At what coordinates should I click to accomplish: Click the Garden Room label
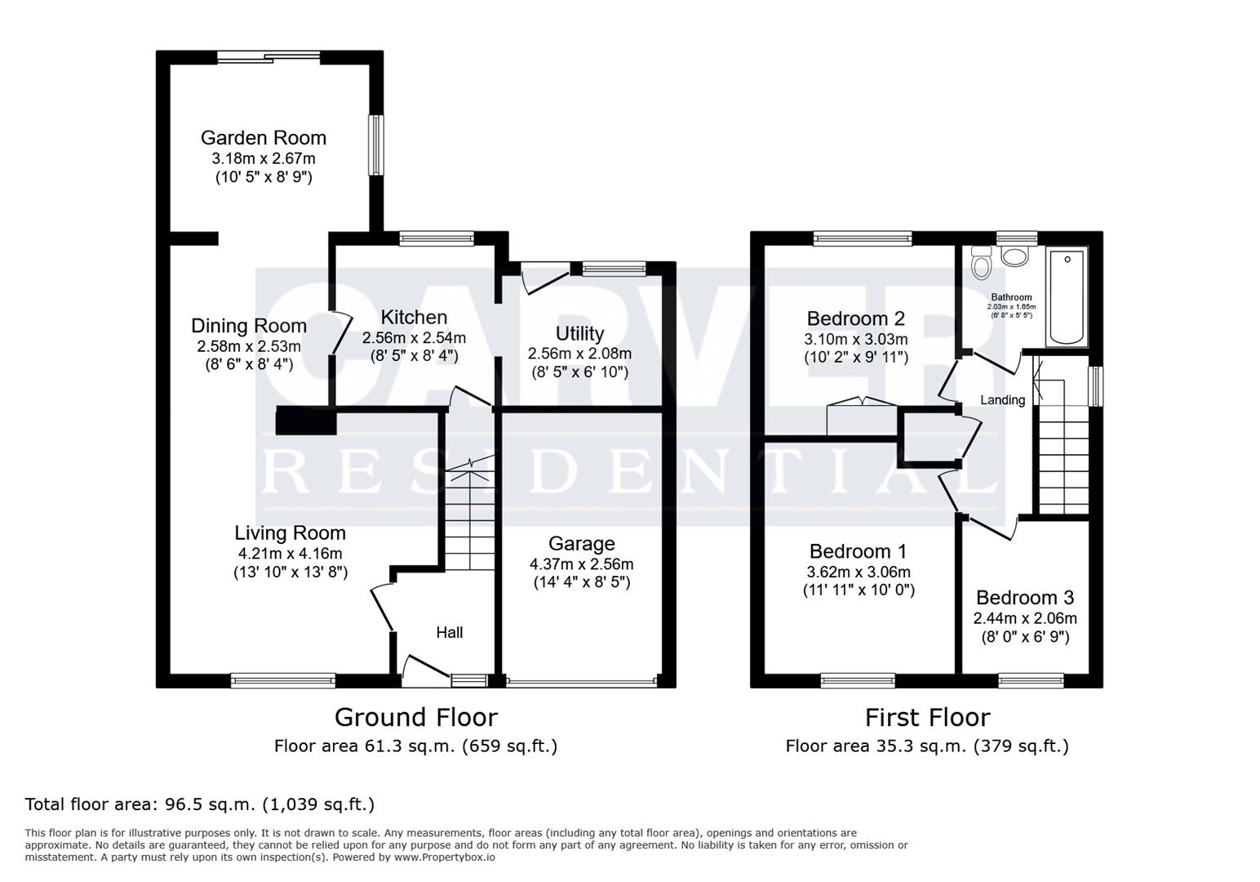pos(263,138)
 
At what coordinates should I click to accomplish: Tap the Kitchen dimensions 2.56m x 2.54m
pos(414,337)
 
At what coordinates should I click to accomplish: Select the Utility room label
pos(579,333)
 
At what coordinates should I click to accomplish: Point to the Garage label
pos(581,544)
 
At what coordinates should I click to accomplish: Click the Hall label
pos(449,632)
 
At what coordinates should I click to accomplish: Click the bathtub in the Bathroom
pos(1067,297)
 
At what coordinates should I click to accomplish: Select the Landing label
pos(1002,400)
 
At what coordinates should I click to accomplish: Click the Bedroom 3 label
pos(1025,598)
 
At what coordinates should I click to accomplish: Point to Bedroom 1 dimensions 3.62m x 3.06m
pos(858,572)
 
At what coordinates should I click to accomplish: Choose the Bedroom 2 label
pos(856,318)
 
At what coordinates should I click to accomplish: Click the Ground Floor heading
pos(415,717)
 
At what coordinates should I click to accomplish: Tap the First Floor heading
pos(927,717)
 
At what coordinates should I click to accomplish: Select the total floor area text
pos(200,804)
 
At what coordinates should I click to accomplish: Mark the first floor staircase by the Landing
pos(1063,457)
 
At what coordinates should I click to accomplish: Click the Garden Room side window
pos(375,145)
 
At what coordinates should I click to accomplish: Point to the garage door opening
pos(582,680)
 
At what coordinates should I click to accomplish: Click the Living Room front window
pos(283,679)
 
